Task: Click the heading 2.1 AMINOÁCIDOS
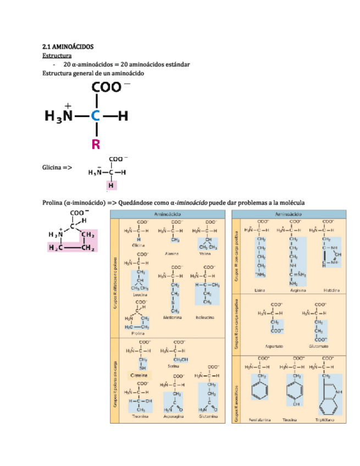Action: [69, 48]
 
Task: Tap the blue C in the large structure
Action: [96, 116]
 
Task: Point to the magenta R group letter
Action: [96, 145]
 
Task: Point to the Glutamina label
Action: [209, 417]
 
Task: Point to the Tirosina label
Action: [293, 419]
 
